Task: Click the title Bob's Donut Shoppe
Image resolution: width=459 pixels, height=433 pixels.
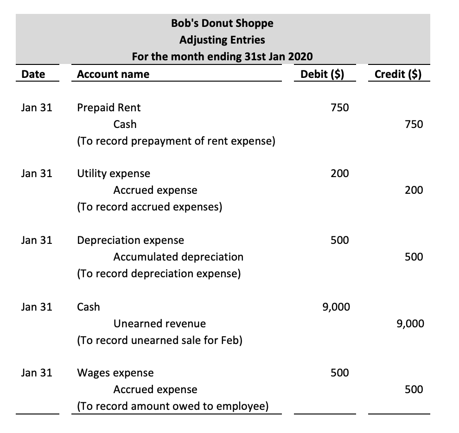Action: [x=222, y=23]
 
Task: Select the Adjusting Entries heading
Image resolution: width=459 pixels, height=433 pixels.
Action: [x=222, y=39]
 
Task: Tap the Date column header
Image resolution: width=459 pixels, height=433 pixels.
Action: [x=33, y=74]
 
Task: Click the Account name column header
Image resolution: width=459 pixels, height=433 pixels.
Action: [x=113, y=74]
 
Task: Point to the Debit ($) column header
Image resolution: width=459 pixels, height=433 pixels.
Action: [x=322, y=74]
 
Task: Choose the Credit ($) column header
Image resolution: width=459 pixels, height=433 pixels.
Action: [x=398, y=74]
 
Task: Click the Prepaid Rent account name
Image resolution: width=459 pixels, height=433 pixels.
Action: [x=109, y=108]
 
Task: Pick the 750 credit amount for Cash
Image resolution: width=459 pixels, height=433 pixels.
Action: [x=414, y=124]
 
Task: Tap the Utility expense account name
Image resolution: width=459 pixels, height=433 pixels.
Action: [x=114, y=173]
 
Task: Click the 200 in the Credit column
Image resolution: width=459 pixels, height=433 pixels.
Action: [x=414, y=190]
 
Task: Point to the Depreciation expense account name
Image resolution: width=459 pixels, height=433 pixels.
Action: [x=130, y=240]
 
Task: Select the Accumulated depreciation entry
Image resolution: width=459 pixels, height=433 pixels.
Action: [x=178, y=257]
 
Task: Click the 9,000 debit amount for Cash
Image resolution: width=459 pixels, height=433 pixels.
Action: [x=336, y=307]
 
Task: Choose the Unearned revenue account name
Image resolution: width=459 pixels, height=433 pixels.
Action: [x=159, y=324]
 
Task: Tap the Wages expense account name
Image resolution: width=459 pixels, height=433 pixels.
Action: [x=115, y=373]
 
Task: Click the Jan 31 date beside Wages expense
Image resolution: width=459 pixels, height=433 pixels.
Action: [x=37, y=373]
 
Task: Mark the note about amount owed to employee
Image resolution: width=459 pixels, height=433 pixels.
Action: [x=172, y=407]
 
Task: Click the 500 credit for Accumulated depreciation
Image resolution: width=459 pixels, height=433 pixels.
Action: [x=414, y=257]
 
